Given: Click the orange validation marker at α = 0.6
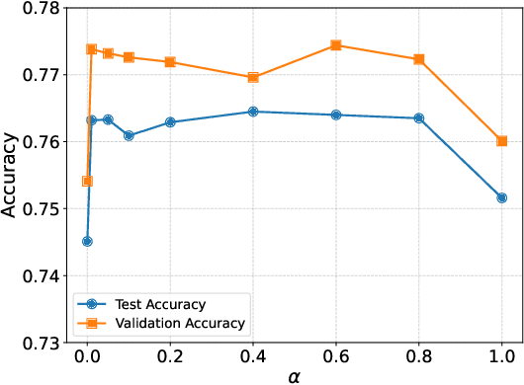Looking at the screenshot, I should click(x=336, y=45).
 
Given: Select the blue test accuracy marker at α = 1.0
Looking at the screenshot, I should click(x=502, y=197).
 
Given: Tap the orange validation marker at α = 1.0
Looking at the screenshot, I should click(x=502, y=141).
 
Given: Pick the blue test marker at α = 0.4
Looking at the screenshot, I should click(x=253, y=112).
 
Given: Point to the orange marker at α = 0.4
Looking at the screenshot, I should click(x=253, y=77).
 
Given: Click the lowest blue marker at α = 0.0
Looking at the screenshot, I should click(x=87, y=241).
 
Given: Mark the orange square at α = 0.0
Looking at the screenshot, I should click(x=87, y=181).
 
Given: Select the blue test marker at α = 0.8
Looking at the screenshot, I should click(x=419, y=118).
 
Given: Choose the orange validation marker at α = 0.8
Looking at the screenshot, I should click(x=419, y=59).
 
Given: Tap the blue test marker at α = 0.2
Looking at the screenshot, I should click(x=170, y=122).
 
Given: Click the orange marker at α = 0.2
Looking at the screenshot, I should click(x=170, y=62).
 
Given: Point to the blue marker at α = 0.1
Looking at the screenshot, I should click(x=129, y=135).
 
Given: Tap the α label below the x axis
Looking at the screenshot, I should click(x=295, y=376).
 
